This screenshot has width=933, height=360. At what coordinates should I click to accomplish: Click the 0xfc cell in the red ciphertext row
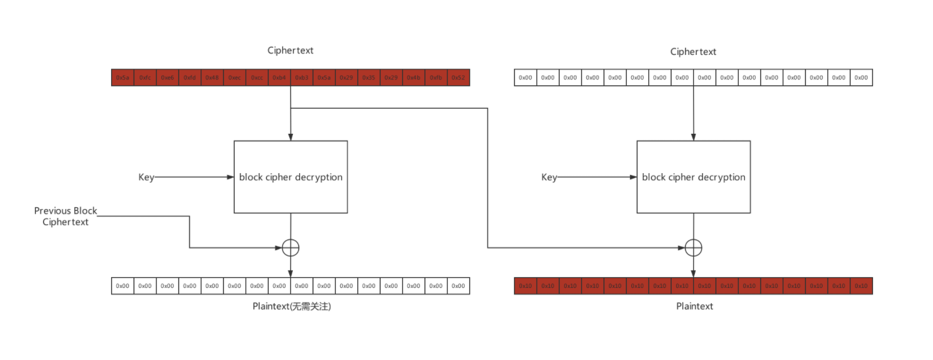pos(145,78)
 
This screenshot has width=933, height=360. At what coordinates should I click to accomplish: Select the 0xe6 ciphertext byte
pos(167,78)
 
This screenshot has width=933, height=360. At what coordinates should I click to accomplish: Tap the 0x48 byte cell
pos(212,78)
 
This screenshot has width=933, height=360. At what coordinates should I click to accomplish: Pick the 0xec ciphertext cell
pos(234,78)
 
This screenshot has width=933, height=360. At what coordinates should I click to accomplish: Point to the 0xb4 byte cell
pos(279,78)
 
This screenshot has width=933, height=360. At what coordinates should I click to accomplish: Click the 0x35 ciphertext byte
pos(369,78)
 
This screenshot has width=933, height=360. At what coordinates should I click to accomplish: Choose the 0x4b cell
pos(413,78)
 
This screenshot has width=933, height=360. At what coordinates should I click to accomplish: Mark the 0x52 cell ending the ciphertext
pos(458,78)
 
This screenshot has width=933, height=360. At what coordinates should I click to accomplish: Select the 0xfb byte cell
pos(436,78)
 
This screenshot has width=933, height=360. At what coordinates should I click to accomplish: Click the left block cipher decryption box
pos(290,177)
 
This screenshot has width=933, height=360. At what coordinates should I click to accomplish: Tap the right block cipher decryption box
pos(693,177)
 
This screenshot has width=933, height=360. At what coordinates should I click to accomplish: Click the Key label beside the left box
pos(146,177)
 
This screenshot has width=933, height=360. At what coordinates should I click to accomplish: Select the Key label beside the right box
pos(549,177)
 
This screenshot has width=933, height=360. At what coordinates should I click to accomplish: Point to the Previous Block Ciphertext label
pos(66,216)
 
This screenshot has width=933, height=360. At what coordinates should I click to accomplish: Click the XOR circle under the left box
pos(290,248)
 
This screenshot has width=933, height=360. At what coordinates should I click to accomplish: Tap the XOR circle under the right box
pos(693,248)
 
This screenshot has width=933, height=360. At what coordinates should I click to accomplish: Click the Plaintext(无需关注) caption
pos(291,307)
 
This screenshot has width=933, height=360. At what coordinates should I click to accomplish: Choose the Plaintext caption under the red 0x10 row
pos(694,306)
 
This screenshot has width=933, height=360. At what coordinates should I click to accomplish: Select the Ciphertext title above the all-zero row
pos(693,52)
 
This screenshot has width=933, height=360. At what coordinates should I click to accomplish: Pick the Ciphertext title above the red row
pos(290,51)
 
